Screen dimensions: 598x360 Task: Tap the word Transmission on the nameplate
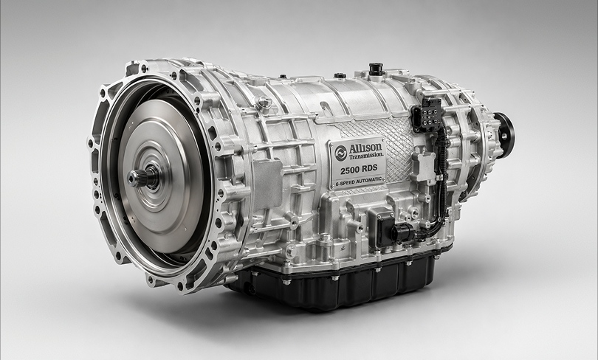365,155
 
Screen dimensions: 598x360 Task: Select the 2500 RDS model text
359,169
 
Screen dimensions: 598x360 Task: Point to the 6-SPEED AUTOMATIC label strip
359,181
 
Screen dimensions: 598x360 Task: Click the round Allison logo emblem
340,153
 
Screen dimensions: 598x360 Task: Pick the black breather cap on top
376,69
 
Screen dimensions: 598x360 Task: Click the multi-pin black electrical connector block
427,114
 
